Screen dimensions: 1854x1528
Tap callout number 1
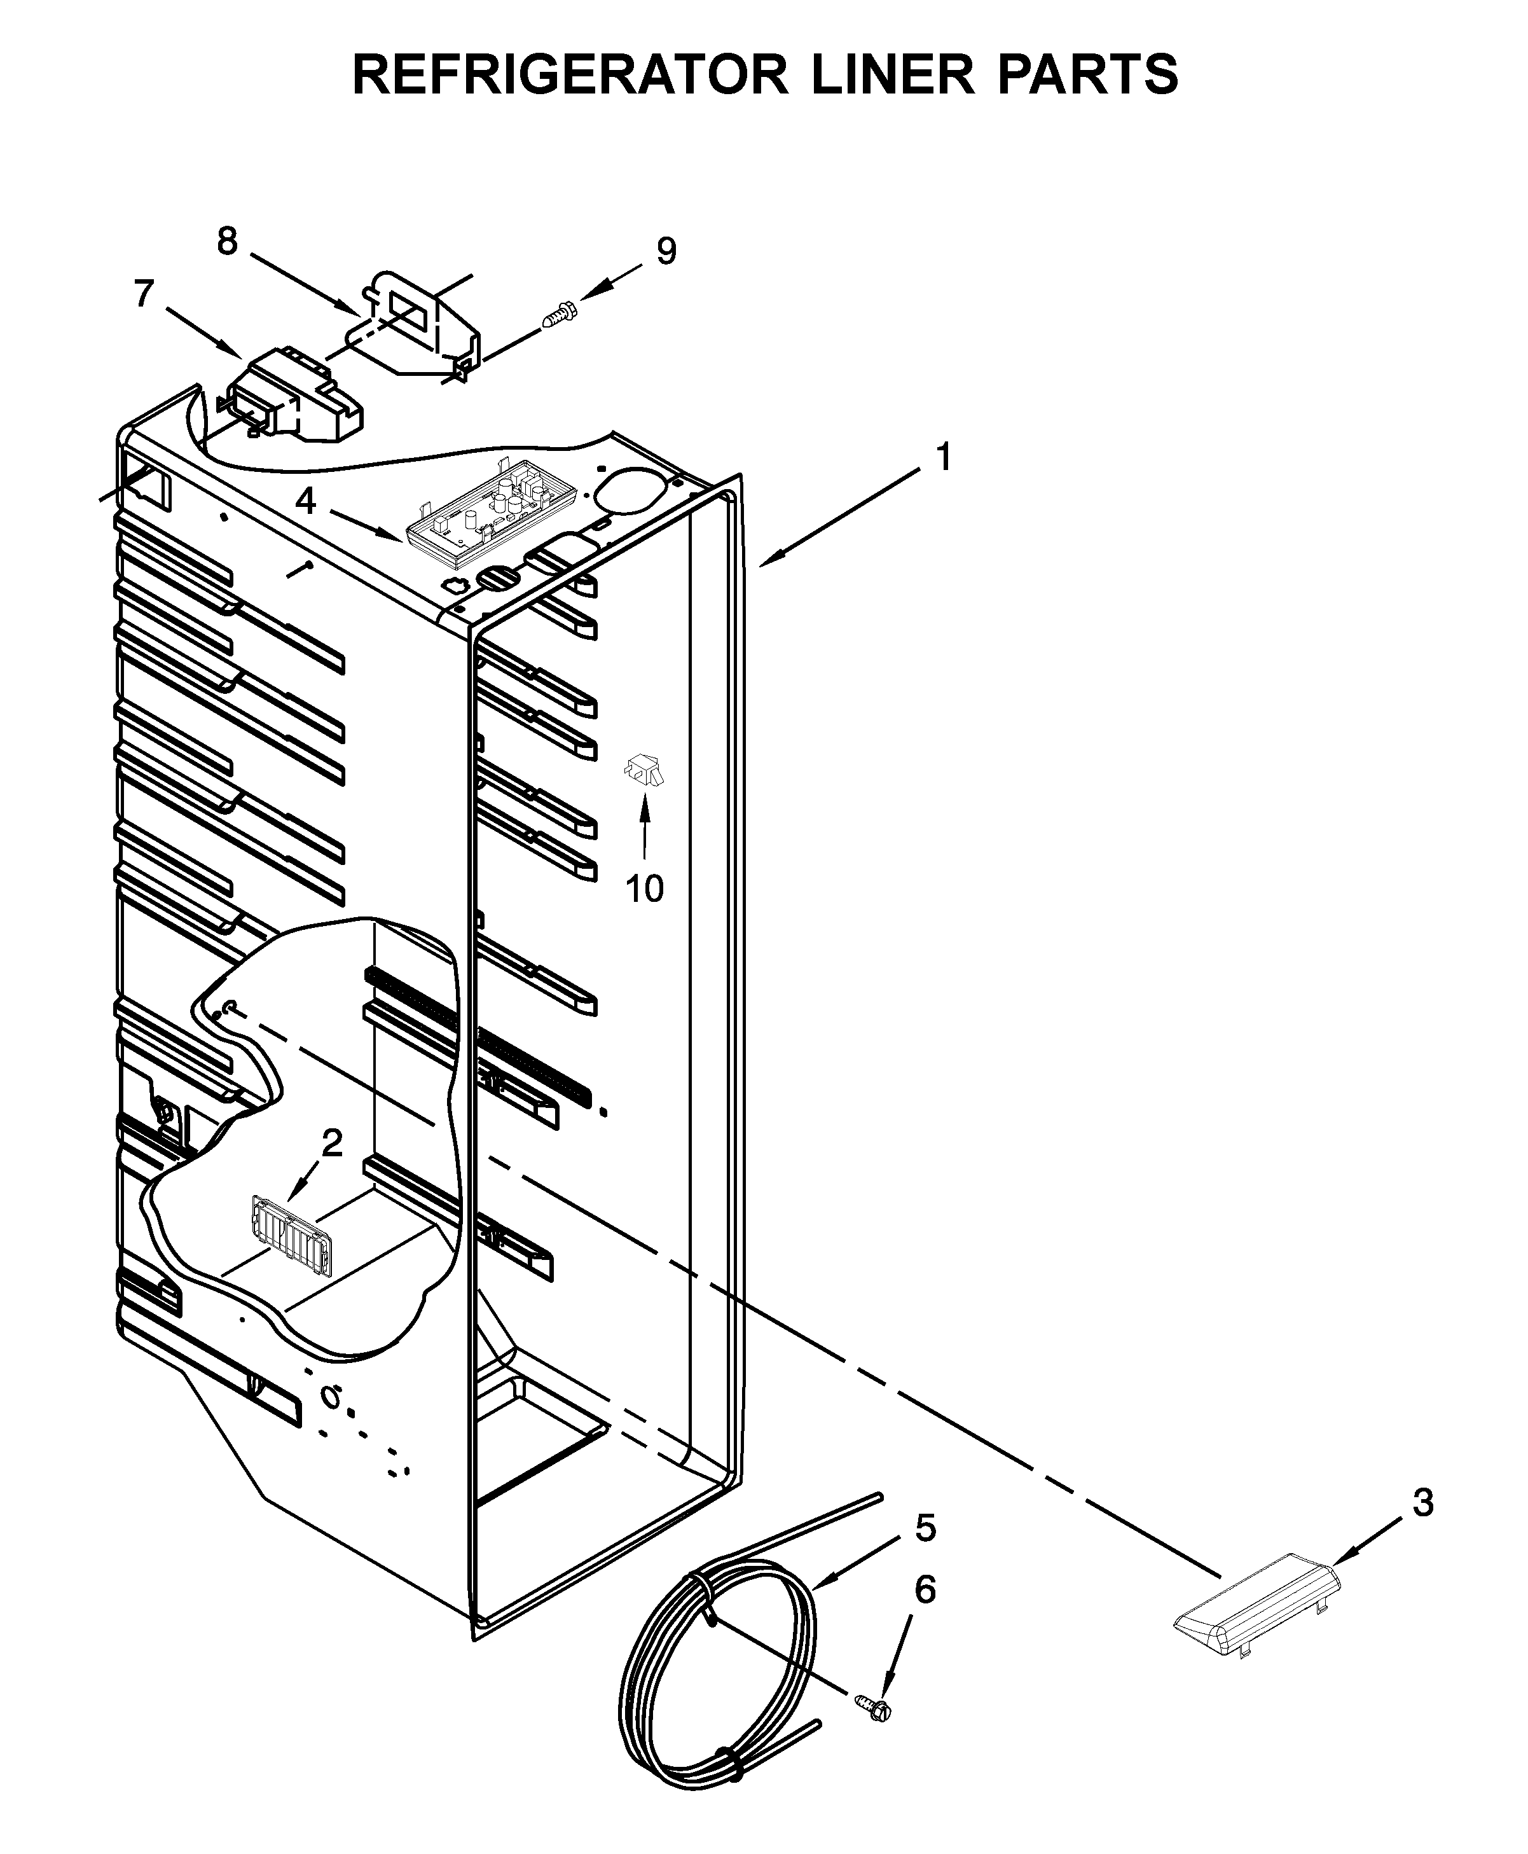[x=944, y=459]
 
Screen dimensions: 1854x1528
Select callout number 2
[x=332, y=1144]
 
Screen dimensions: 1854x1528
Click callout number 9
[x=666, y=252]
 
